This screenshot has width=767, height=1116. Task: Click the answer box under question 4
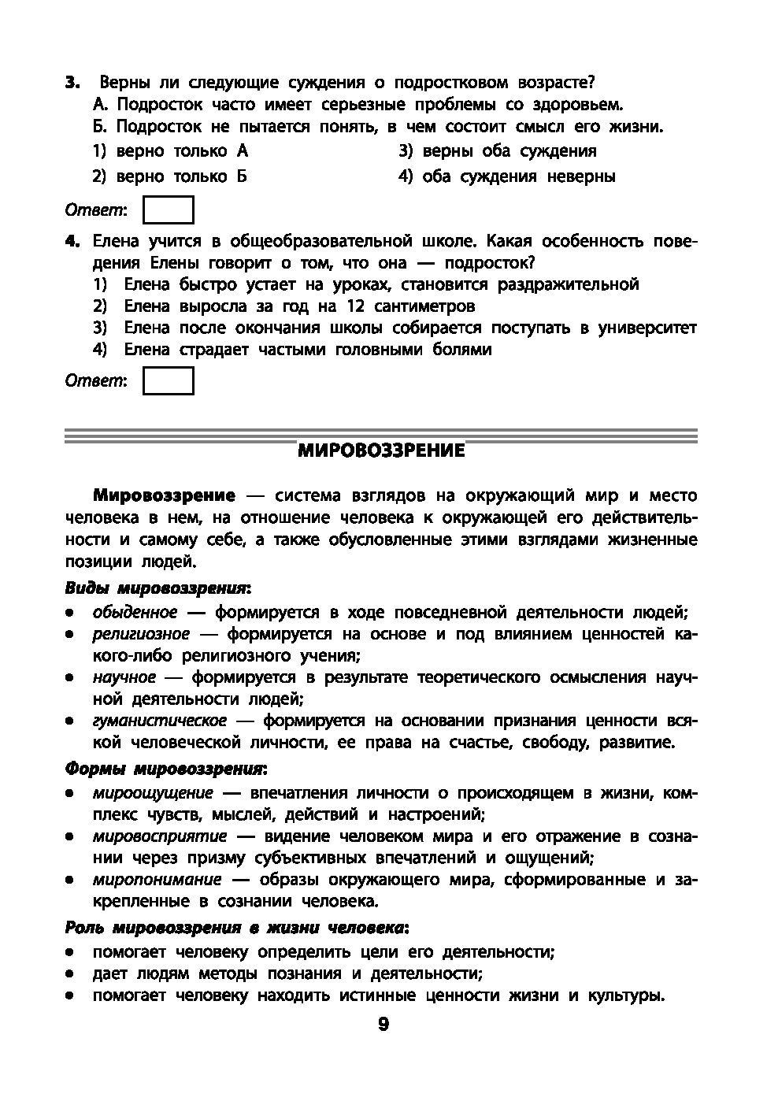pyautogui.click(x=168, y=381)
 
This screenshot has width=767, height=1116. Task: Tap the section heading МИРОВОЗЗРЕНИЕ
pyautogui.click(x=381, y=451)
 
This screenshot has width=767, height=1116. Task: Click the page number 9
pyautogui.click(x=383, y=1024)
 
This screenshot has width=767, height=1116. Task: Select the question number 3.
pyautogui.click(x=72, y=83)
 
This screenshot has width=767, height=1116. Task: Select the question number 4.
pyautogui.click(x=72, y=241)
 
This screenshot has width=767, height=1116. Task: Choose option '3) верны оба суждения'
pyautogui.click(x=497, y=151)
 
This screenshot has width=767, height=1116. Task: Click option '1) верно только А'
pyautogui.click(x=170, y=151)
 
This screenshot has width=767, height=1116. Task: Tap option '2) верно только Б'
pyautogui.click(x=170, y=176)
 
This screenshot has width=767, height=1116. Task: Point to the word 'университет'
pyautogui.click(x=647, y=328)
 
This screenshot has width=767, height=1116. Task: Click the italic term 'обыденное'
pyautogui.click(x=135, y=613)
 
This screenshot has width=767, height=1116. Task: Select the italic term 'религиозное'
pyautogui.click(x=141, y=634)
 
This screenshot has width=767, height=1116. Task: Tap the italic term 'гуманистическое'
pyautogui.click(x=159, y=721)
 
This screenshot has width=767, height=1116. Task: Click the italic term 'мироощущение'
pyautogui.click(x=153, y=793)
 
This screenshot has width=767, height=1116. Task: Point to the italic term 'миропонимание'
pyautogui.click(x=157, y=880)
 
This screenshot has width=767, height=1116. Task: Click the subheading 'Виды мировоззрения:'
pyautogui.click(x=157, y=588)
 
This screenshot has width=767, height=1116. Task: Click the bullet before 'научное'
pyautogui.click(x=70, y=678)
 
